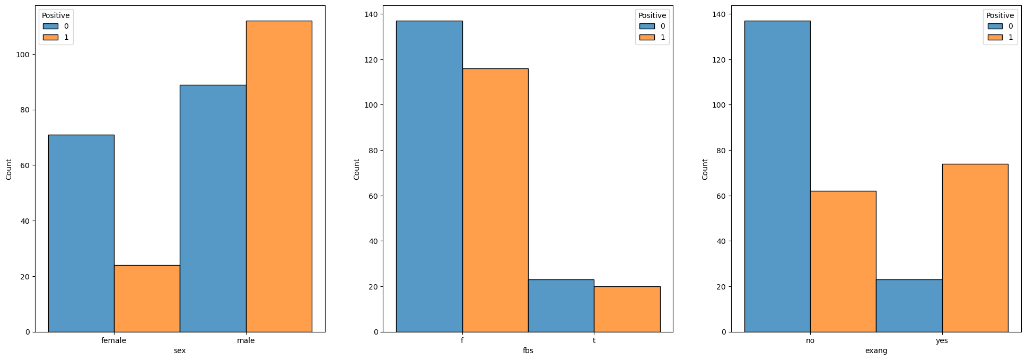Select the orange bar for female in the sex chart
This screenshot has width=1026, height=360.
point(147,298)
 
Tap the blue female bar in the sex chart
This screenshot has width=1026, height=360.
point(81,233)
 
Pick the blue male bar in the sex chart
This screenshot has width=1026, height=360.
point(213,208)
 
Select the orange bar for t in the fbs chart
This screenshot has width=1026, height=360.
point(627,309)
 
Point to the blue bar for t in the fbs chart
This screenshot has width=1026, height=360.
point(561,306)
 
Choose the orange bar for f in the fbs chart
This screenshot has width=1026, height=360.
point(495,200)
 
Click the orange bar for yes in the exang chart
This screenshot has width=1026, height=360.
point(975,248)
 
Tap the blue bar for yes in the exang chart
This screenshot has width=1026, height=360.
point(909,306)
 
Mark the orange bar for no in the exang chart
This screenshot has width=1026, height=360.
point(843,261)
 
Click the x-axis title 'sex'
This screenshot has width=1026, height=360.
point(180,351)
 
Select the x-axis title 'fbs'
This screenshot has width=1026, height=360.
point(528,351)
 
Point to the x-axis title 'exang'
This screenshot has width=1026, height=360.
point(876,351)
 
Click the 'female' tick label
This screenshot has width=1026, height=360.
point(113,340)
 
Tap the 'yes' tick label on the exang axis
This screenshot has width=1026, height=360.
point(942,340)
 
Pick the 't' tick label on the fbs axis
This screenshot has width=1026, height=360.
point(594,340)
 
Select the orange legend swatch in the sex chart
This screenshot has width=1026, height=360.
point(51,37)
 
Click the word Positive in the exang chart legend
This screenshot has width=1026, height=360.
point(1000,15)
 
